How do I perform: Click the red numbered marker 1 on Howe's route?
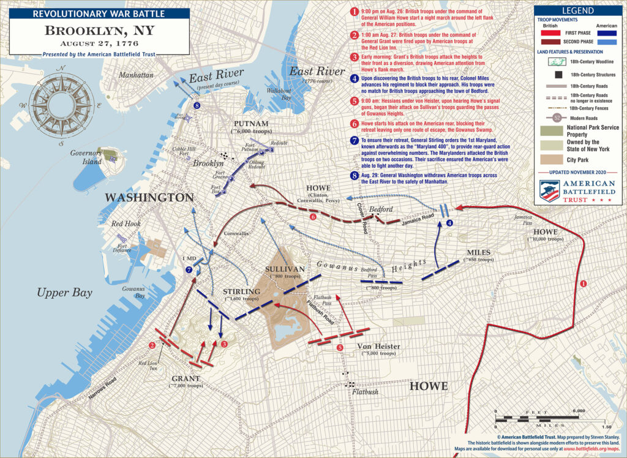pyautogui.click(x=583, y=284)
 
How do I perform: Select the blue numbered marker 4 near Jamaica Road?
pyautogui.click(x=450, y=223)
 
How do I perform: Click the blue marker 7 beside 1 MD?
pyautogui.click(x=189, y=269)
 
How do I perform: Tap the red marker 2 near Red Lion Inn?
pyautogui.click(x=151, y=345)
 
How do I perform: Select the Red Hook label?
pyautogui.click(x=126, y=223)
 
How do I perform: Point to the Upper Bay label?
pyautogui.click(x=64, y=293)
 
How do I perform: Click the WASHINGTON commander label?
pyautogui.click(x=149, y=198)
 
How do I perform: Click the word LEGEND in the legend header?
pyautogui.click(x=579, y=10)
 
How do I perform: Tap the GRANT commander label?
pyautogui.click(x=186, y=377)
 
